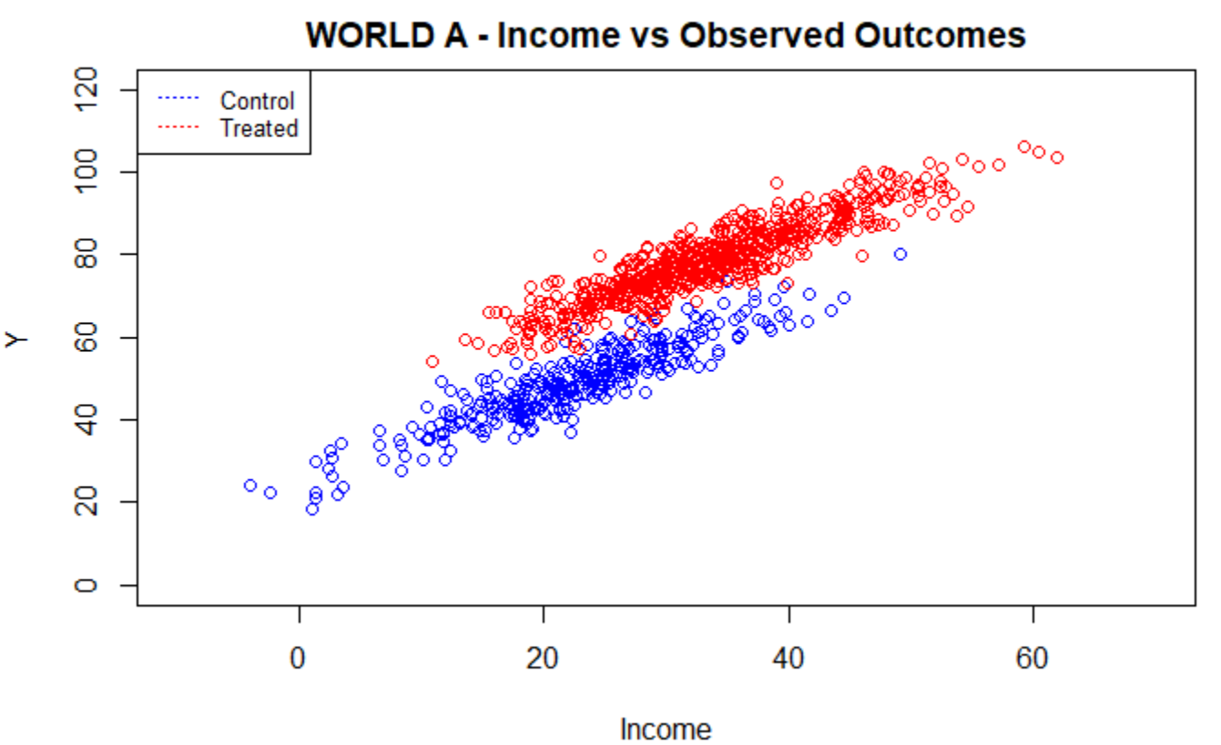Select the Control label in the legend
(x=258, y=101)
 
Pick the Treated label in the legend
(x=259, y=128)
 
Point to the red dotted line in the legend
(x=178, y=126)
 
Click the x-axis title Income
(x=665, y=729)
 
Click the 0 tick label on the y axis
(x=88, y=585)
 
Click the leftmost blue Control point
(x=250, y=486)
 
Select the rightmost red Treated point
(x=1057, y=157)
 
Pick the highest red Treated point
(x=1024, y=146)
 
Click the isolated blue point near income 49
(x=900, y=255)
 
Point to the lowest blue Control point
(x=312, y=509)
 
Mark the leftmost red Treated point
(x=432, y=361)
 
